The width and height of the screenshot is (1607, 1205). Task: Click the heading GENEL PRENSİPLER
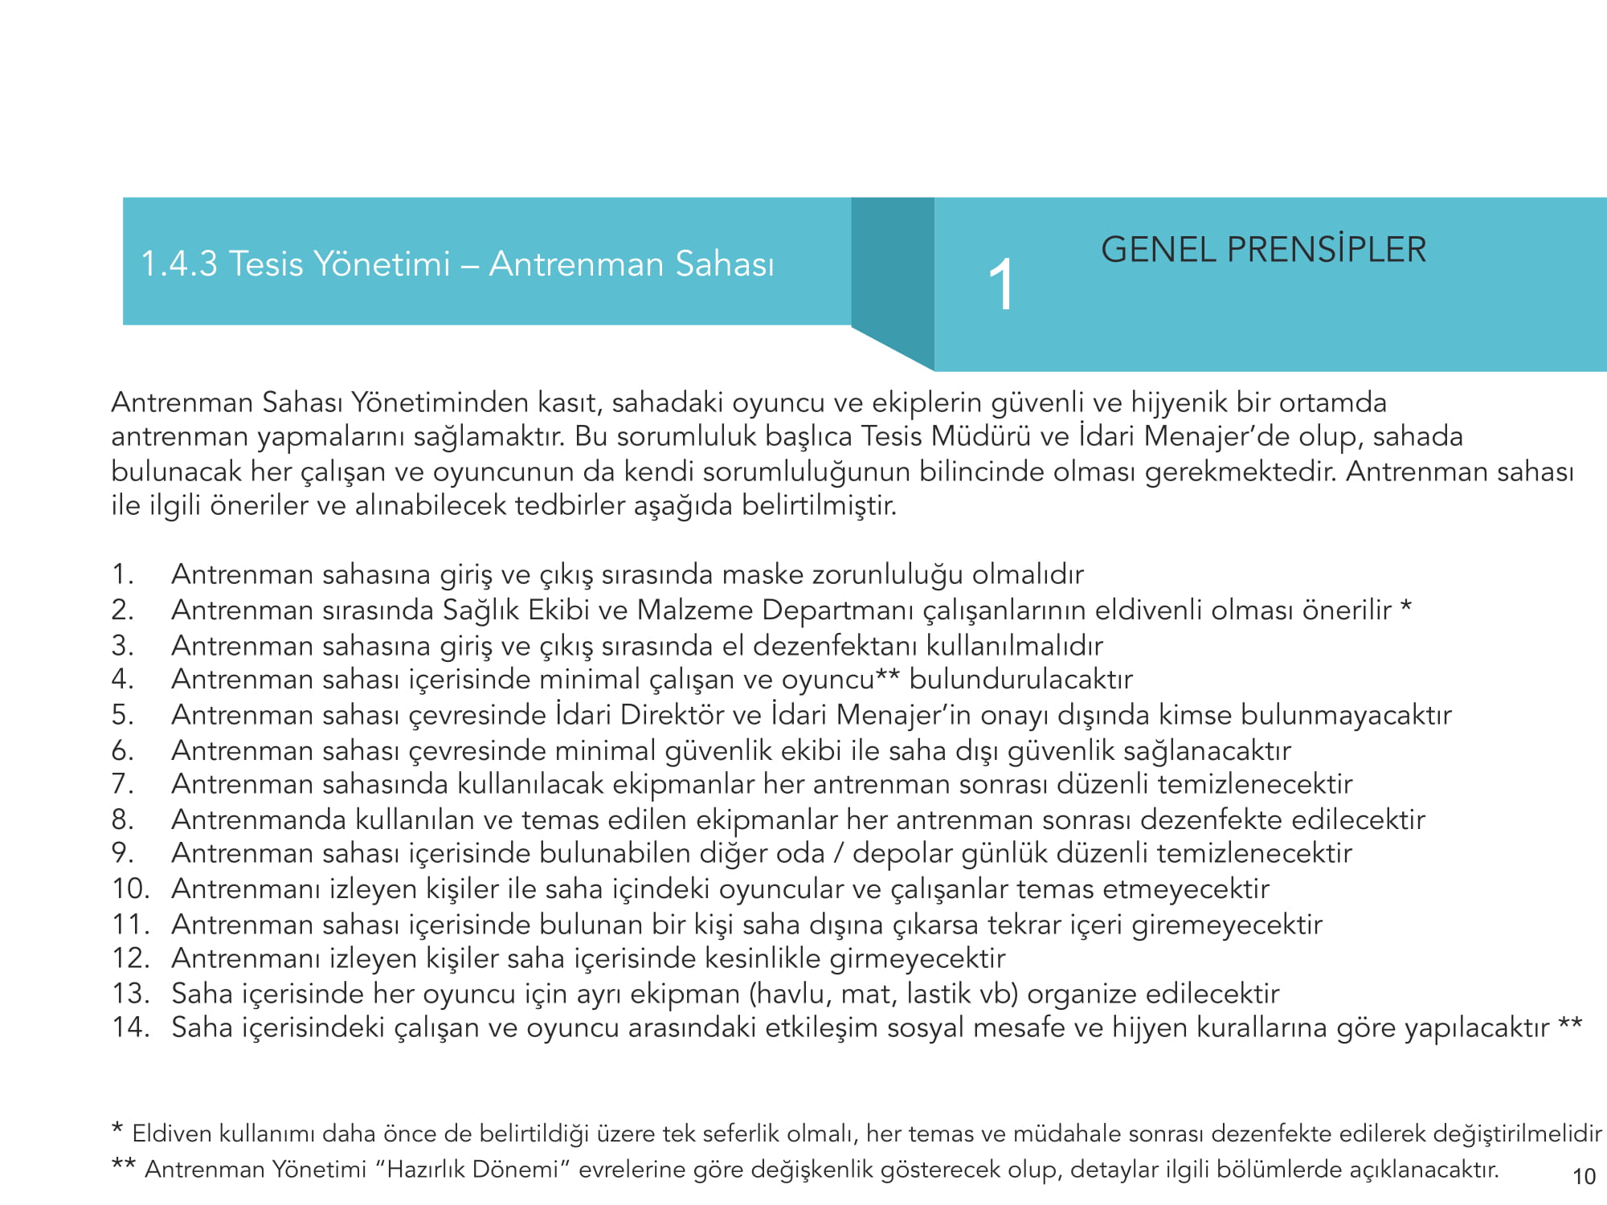click(x=1263, y=250)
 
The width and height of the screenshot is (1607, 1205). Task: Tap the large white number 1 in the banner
click(x=1001, y=284)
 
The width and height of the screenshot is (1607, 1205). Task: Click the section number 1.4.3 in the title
click(x=179, y=264)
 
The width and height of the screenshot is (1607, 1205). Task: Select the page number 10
click(x=1583, y=1177)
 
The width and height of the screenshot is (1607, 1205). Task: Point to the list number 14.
click(x=131, y=1027)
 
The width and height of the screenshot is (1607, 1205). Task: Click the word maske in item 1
click(x=763, y=575)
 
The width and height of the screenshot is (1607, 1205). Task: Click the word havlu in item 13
click(x=793, y=995)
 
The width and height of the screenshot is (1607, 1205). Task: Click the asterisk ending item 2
click(x=1405, y=606)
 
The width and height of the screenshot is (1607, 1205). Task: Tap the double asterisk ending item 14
click(x=1570, y=1024)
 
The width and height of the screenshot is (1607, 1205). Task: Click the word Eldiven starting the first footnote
click(x=172, y=1134)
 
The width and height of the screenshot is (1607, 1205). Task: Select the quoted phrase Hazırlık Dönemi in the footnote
click(x=472, y=1170)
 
